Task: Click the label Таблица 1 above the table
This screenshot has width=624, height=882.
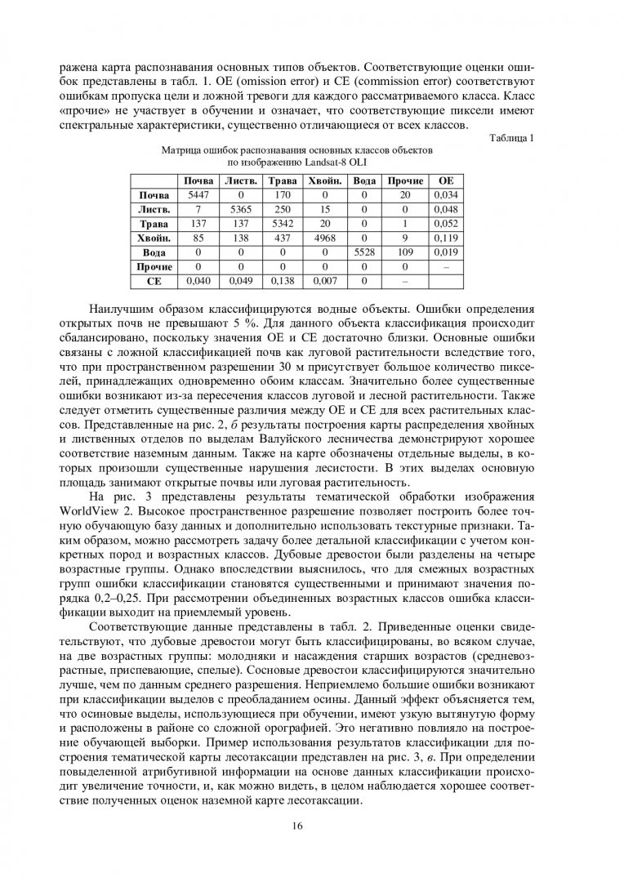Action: [x=510, y=138]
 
